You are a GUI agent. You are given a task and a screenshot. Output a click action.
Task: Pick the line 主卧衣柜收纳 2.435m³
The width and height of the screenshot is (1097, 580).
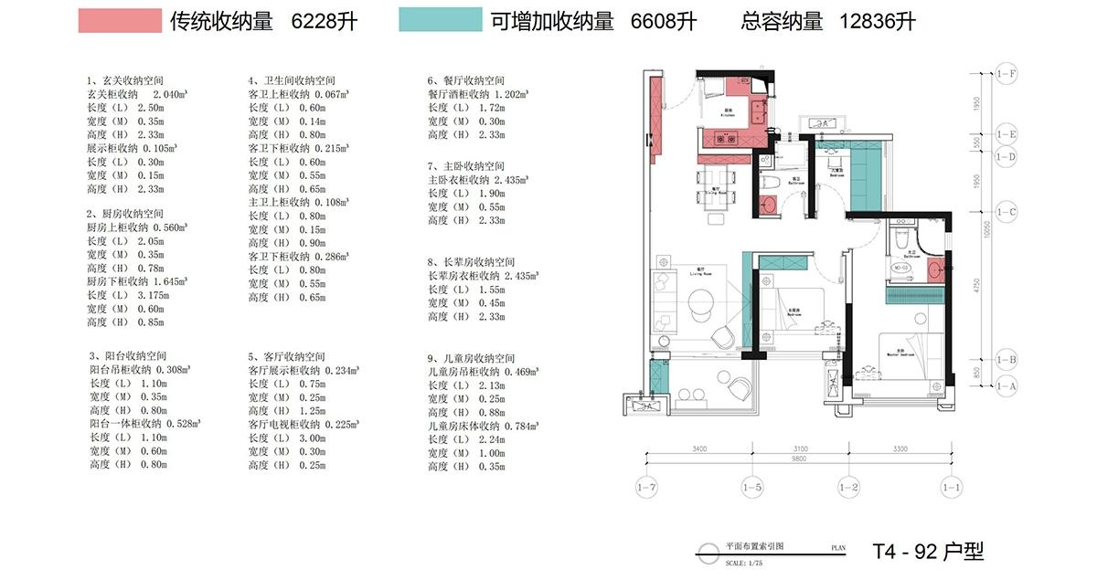coord(478,181)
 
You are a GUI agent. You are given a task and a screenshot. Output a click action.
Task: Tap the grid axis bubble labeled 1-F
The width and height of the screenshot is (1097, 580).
coord(1007,73)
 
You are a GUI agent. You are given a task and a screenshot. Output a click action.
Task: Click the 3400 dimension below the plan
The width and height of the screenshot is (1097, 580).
coord(699,449)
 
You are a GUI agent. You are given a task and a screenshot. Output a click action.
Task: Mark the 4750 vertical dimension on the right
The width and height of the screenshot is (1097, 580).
coord(977,285)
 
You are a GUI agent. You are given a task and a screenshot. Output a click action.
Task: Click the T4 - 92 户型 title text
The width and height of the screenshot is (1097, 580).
coord(927,552)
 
